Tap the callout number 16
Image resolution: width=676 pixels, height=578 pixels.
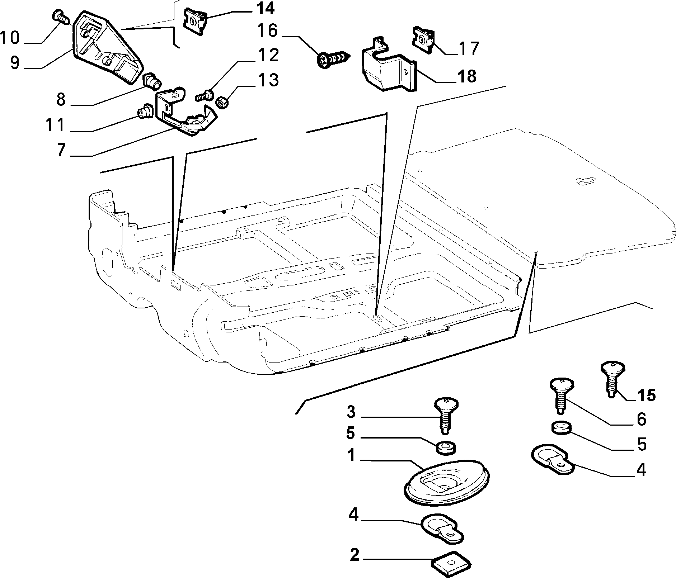267,32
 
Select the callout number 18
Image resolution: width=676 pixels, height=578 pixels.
465,76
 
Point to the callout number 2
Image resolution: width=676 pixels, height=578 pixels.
354,555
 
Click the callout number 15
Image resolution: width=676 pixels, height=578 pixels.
646,395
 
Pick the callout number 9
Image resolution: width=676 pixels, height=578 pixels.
15,62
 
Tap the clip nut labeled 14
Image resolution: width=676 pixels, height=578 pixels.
196,21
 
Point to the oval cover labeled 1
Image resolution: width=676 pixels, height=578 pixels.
449,480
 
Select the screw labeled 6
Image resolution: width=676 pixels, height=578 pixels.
562,395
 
